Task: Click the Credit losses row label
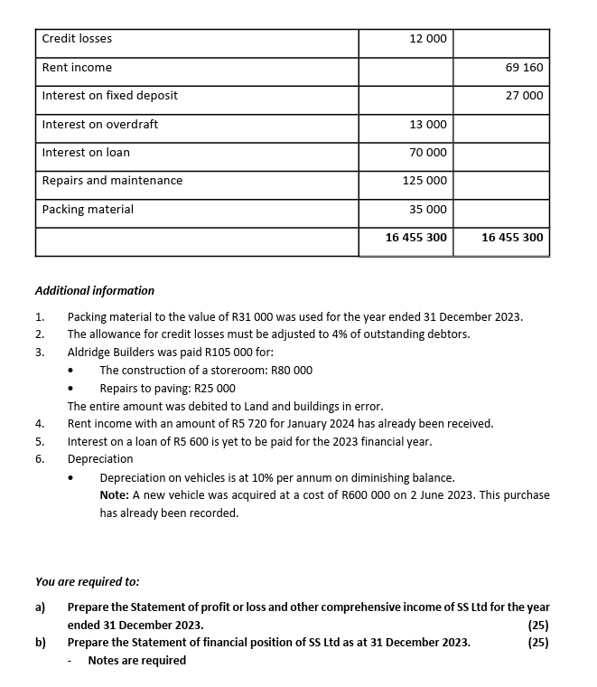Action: [x=78, y=39]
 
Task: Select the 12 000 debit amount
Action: [x=428, y=39]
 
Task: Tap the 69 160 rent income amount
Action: [x=525, y=68]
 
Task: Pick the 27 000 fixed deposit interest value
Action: [x=525, y=96]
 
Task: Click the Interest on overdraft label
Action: [x=100, y=125]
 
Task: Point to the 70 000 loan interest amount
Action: [x=428, y=153]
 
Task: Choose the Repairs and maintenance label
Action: [x=112, y=181]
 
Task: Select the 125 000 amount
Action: [x=424, y=181]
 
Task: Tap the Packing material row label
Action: [x=88, y=210]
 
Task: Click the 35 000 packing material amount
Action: [x=428, y=210]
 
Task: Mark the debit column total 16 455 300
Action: [x=415, y=238]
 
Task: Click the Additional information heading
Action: [x=94, y=291]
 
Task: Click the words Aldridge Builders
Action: [x=112, y=353]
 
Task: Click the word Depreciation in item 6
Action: [x=100, y=459]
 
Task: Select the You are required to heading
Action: [x=87, y=582]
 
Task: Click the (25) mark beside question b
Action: [x=538, y=643]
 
